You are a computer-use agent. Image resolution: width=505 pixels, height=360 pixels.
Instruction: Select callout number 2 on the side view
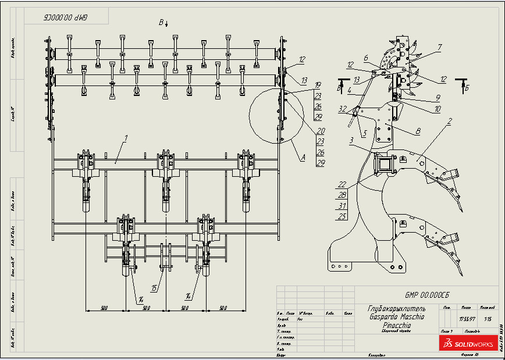[449, 122]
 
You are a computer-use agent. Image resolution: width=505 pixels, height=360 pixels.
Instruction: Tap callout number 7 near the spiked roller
[440, 47]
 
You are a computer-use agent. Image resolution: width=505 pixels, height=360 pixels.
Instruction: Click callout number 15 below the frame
[154, 288]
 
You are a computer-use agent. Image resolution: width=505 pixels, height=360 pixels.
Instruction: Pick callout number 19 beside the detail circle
[318, 84]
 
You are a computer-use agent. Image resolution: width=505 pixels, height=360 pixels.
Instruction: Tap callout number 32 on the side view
[342, 108]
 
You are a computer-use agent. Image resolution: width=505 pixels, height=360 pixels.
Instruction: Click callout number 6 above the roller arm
[366, 58]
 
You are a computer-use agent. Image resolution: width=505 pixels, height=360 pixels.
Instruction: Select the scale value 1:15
[486, 319]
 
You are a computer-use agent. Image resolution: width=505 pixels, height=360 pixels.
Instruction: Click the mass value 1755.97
[465, 319]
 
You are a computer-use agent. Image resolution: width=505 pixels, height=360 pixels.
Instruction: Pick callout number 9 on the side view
[438, 98]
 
